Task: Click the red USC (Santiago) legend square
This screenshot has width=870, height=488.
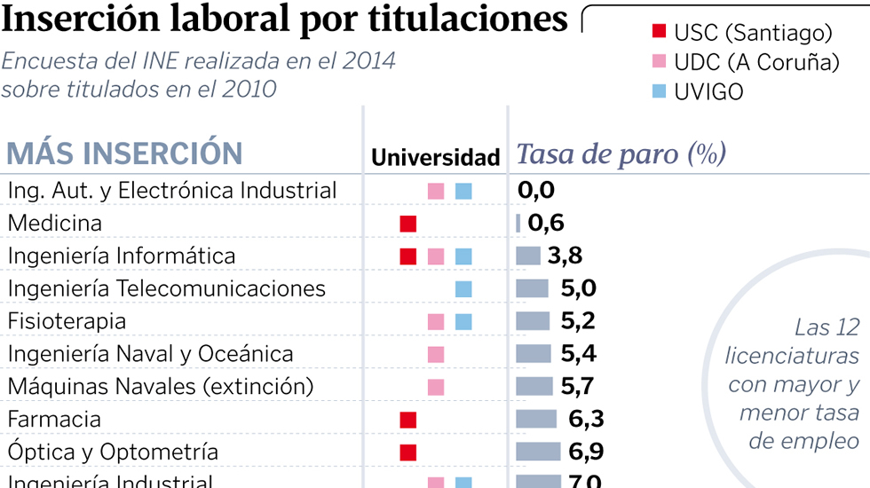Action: click(x=659, y=33)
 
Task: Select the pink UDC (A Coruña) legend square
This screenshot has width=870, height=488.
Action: click(x=659, y=62)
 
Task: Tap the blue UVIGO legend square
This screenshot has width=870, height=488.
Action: click(x=659, y=91)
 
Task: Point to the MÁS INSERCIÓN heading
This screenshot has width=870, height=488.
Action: click(x=124, y=153)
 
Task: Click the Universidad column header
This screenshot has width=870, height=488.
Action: click(x=435, y=158)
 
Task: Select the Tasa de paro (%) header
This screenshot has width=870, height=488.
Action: click(x=621, y=154)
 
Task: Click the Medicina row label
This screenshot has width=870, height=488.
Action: click(x=55, y=224)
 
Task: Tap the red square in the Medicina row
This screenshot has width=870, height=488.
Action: click(x=408, y=224)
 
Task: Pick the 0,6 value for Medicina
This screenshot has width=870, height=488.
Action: click(x=546, y=224)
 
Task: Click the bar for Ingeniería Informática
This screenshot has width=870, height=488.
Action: click(x=528, y=256)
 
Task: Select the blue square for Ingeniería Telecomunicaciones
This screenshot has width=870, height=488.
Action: click(x=463, y=289)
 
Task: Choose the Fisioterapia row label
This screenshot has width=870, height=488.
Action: click(x=67, y=321)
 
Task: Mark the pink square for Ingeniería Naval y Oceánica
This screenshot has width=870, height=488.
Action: click(x=436, y=354)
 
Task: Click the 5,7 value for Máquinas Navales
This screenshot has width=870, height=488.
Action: click(x=577, y=387)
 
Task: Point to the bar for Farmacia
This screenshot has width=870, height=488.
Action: click(x=536, y=419)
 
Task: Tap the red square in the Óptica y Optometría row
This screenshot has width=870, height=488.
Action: click(x=408, y=452)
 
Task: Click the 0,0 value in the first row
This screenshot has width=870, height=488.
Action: click(x=536, y=190)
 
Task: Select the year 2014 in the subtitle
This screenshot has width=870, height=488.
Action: click(x=369, y=62)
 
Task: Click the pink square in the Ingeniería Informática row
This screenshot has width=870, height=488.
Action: click(x=436, y=256)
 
